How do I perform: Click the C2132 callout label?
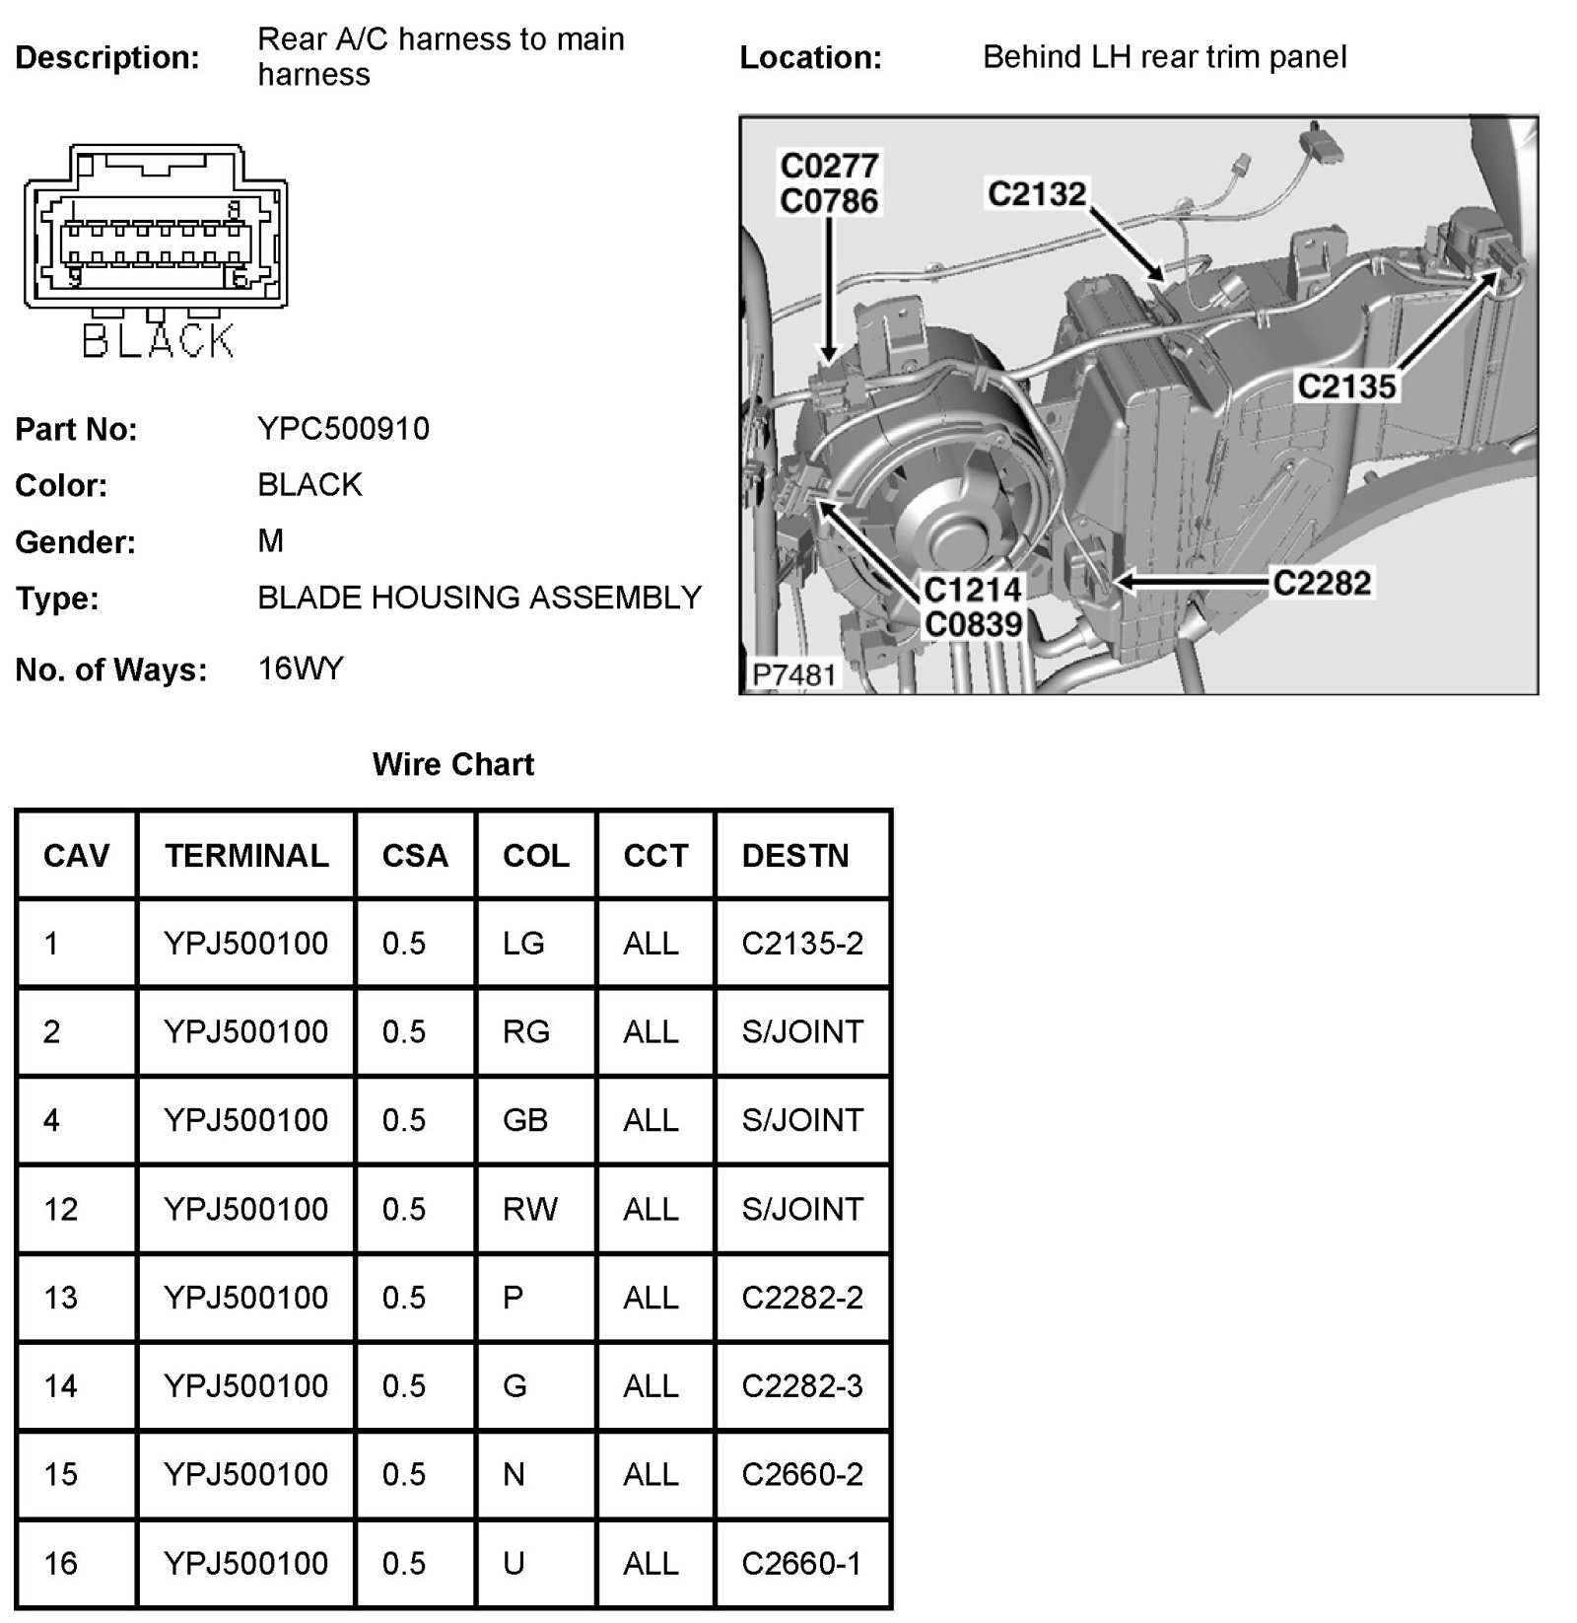[1037, 194]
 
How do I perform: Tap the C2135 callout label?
[1346, 386]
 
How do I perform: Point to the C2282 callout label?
[1322, 583]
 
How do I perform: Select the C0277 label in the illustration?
[829, 165]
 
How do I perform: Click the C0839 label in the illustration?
[973, 624]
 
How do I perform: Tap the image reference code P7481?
[793, 675]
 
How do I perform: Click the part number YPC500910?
[343, 429]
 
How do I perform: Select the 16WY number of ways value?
[301, 670]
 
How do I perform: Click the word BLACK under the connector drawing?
[158, 341]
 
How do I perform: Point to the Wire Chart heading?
[453, 764]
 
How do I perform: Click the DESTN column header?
[795, 855]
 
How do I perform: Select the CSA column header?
[415, 855]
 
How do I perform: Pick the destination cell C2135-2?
[802, 944]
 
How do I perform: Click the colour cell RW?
[530, 1209]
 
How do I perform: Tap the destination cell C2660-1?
[802, 1563]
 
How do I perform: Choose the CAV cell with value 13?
[60, 1298]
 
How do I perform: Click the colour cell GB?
[525, 1120]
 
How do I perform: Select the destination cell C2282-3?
[802, 1386]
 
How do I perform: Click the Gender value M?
[270, 541]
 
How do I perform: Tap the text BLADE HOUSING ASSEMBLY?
[479, 598]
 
